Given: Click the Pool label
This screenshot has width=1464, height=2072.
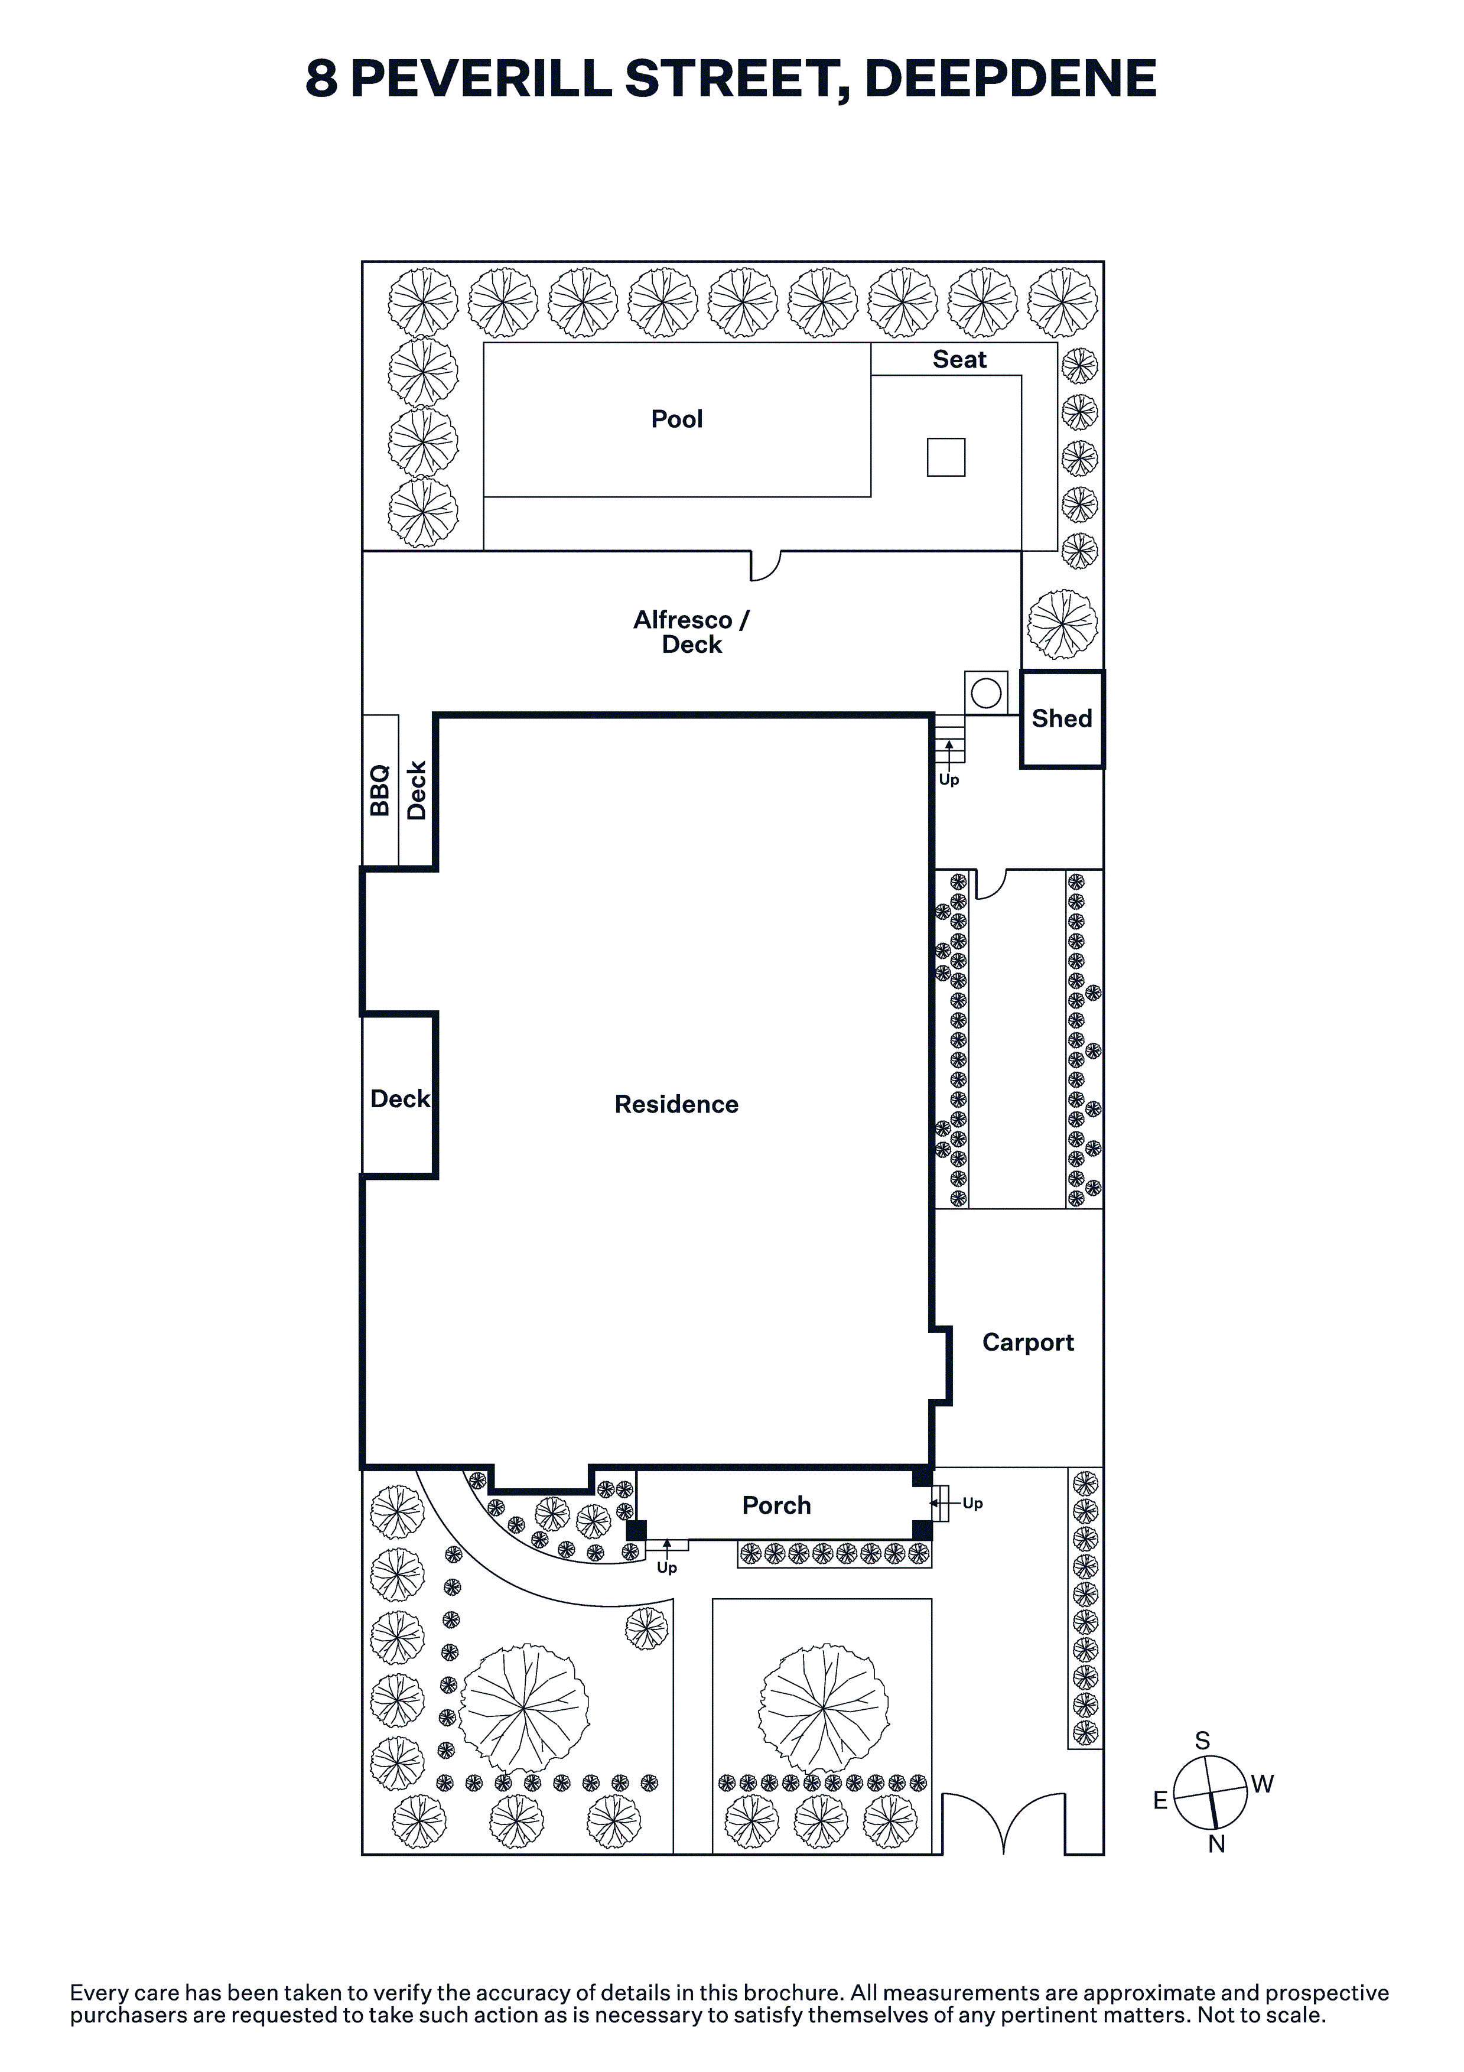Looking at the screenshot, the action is (x=677, y=419).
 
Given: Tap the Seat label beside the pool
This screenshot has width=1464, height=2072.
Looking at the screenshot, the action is (x=959, y=359).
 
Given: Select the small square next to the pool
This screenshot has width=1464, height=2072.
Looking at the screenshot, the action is (x=946, y=457).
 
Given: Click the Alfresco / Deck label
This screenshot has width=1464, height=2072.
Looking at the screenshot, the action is (x=691, y=632).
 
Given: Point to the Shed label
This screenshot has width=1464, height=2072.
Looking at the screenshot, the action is (x=1062, y=718).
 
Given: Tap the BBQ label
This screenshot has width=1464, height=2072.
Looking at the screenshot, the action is (x=380, y=791).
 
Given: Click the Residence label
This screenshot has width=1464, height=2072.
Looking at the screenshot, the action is (x=676, y=1105).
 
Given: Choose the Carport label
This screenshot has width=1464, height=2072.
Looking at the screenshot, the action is (x=1028, y=1343).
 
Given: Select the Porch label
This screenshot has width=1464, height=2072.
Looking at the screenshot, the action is (x=776, y=1505).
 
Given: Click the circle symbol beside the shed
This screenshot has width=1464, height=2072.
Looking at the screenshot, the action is (x=985, y=693).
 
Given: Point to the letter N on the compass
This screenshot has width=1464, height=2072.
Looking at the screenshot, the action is (x=1216, y=1845).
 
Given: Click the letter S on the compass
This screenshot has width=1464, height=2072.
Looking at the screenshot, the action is (x=1202, y=1741).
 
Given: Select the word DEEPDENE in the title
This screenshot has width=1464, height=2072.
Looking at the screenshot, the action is (x=1011, y=79).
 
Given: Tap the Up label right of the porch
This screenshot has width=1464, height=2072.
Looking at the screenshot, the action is (x=972, y=1504).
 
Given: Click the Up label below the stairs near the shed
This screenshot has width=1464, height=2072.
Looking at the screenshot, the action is (x=949, y=780).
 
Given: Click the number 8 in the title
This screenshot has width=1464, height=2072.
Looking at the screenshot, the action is (x=321, y=79).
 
